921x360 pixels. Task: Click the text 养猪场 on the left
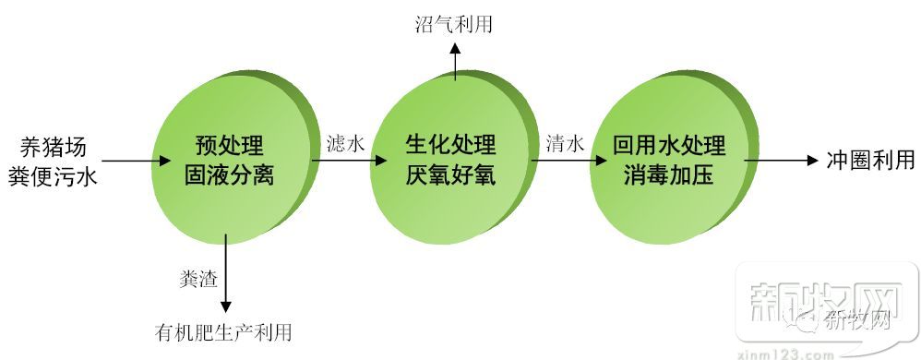[58, 146]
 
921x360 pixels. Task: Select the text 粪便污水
[58, 174]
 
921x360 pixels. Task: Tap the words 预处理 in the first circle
[229, 146]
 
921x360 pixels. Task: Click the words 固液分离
[229, 174]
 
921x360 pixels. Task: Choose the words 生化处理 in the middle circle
[450, 146]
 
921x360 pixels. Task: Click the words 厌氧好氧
[450, 174]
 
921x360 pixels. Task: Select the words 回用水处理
[669, 146]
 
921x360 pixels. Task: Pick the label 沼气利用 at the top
[453, 24]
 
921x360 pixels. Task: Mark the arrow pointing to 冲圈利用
[781, 160]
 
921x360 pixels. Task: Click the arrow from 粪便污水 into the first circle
[128, 162]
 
